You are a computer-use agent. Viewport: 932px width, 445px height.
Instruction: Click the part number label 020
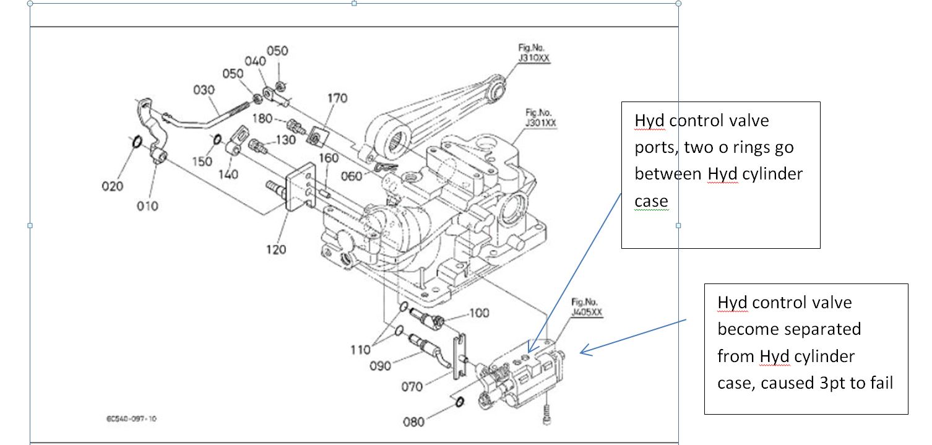tap(113, 186)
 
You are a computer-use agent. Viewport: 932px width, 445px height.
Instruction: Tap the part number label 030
tap(205, 90)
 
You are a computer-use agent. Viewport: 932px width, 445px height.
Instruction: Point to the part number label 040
tap(255, 61)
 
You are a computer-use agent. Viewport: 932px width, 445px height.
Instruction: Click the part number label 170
tap(337, 98)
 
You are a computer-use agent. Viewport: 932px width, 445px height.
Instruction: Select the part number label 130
tap(285, 140)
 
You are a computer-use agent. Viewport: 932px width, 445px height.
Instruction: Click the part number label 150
tap(202, 161)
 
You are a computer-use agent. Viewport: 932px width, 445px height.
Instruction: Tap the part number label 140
tap(228, 175)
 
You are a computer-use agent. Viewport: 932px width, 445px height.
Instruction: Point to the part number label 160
tap(327, 159)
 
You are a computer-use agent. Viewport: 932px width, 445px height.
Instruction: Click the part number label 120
tap(276, 249)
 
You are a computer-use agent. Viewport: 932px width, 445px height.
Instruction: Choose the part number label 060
tap(352, 177)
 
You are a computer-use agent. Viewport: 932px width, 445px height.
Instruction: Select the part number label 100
tap(479, 313)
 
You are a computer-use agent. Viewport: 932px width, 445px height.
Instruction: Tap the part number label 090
tap(381, 366)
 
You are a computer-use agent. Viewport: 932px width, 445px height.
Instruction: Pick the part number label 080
tap(414, 422)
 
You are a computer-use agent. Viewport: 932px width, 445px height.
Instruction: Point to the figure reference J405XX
tap(587, 313)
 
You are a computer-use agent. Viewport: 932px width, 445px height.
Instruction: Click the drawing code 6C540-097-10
tap(131, 419)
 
